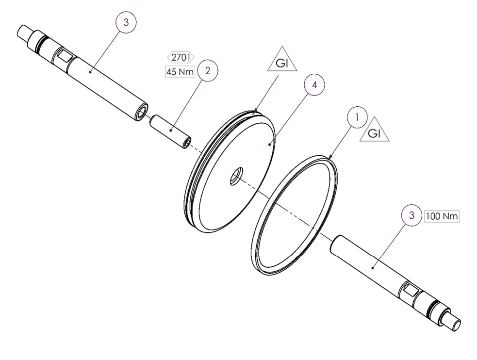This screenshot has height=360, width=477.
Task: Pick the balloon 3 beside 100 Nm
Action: (412, 216)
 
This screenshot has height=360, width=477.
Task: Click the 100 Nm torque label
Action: (442, 216)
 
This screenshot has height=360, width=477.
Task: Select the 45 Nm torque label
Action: (180, 72)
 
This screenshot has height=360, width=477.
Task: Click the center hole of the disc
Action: (236, 175)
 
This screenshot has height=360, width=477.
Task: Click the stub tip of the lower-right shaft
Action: (456, 322)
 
